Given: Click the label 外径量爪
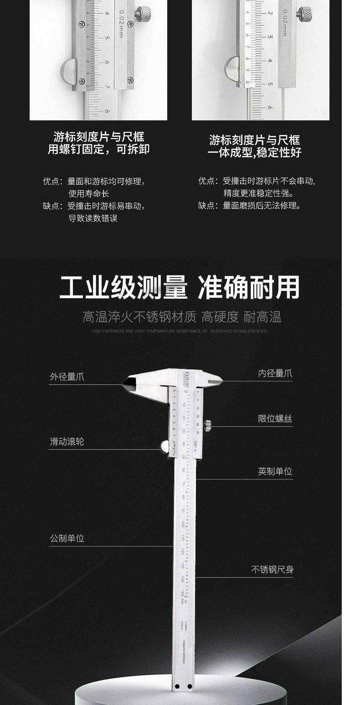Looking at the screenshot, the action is point(67,377).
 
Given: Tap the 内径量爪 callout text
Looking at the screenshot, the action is point(275,374).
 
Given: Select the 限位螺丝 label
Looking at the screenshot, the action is point(275,419).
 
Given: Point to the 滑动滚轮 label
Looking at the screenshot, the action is point(67,442).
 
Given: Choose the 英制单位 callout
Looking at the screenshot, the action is point(275,472).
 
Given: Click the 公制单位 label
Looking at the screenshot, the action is point(67,539).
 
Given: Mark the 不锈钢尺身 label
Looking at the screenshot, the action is point(272,570).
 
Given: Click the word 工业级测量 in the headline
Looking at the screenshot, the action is point(123,287).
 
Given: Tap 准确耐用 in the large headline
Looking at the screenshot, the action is point(249,287).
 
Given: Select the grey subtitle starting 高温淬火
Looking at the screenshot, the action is point(182,316).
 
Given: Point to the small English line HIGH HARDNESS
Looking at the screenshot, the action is point(180,331).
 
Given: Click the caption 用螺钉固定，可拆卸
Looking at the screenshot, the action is point(98,149).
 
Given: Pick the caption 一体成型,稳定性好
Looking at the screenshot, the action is point(254,152).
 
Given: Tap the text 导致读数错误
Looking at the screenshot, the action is point(93,218).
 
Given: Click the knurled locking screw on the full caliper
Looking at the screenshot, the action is point(207,425).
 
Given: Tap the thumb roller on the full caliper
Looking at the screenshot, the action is point(165,446).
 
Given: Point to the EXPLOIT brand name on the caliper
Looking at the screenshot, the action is point(186,378).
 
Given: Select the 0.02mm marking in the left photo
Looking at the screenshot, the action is point(121,23).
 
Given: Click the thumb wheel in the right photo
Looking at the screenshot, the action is point(231,68).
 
